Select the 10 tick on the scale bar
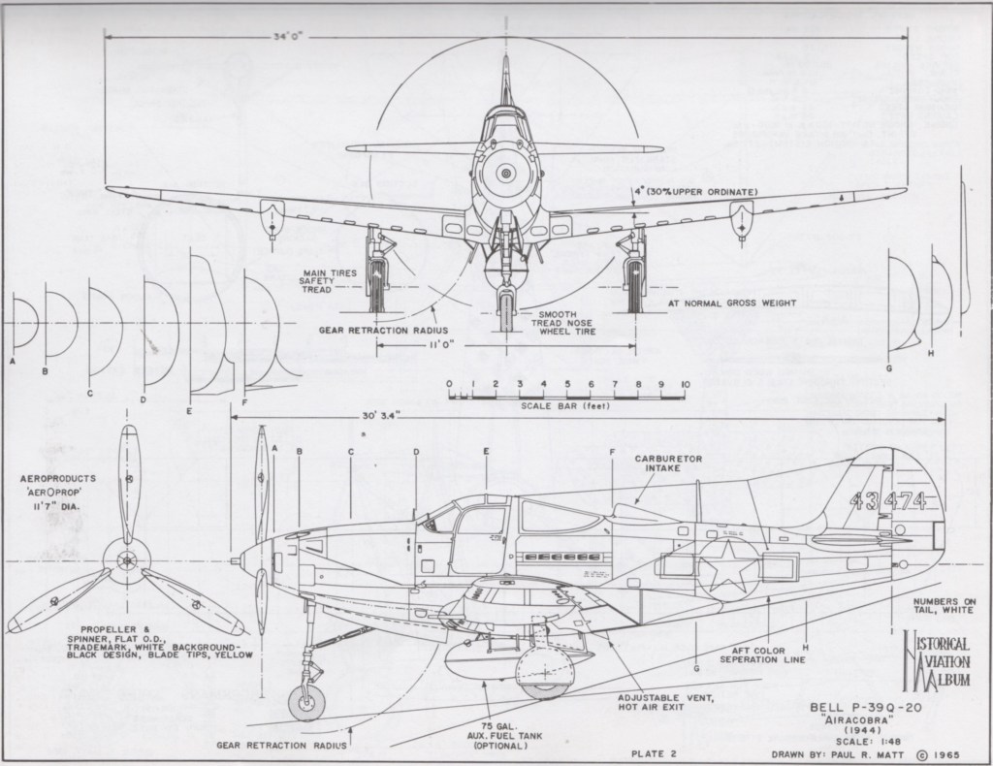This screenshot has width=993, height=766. pos(685,385)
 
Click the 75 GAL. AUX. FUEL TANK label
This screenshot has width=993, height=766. pos(510,736)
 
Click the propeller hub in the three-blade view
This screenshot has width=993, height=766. pos(125,561)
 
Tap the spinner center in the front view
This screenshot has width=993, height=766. pos(504,174)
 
